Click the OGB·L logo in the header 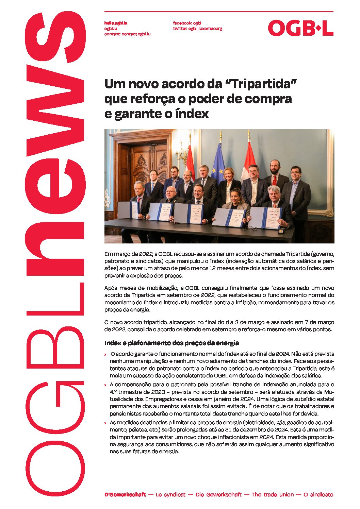pos(300,28)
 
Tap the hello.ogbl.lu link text pos(116,23)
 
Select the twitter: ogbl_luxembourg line pos(197,29)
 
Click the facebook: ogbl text pos(187,23)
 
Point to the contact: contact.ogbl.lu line pos(127,34)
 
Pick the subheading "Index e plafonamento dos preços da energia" pos(171,343)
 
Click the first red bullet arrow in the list pos(105,355)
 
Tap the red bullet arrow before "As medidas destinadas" pos(105,423)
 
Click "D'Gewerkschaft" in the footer pos(125,495)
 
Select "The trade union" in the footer pos(272,495)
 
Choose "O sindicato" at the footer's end pos(318,495)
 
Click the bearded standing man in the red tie pos(275,177)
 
